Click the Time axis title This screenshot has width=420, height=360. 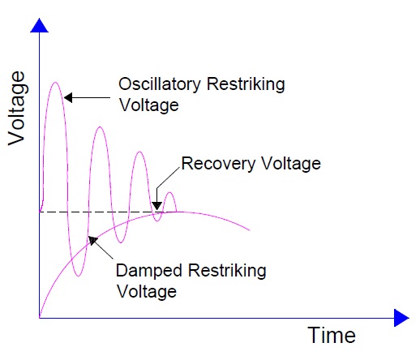click(331, 335)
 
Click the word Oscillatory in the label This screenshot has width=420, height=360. click(157, 84)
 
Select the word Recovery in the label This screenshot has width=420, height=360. click(216, 164)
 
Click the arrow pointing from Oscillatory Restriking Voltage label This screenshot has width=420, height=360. click(88, 98)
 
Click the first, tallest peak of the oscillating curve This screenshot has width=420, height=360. click(55, 83)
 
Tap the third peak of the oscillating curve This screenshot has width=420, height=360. click(139, 152)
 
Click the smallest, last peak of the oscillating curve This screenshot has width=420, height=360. click(169, 193)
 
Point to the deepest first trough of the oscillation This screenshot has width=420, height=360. click(78, 276)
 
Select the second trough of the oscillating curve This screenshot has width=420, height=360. click(120, 242)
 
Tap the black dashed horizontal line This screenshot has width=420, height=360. click(97, 212)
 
